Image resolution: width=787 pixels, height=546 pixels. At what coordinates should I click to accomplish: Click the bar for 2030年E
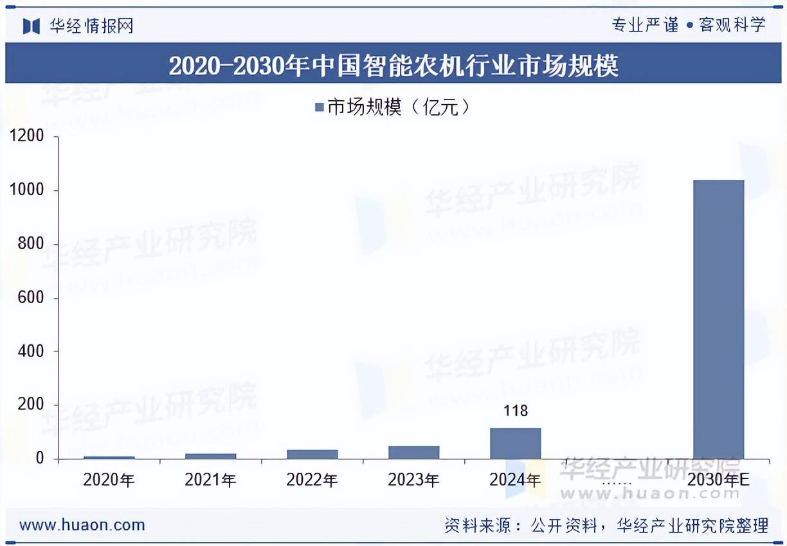(x=718, y=319)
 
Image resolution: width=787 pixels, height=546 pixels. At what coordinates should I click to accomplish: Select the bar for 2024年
(x=515, y=443)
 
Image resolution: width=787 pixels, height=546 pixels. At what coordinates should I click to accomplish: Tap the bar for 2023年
(x=413, y=452)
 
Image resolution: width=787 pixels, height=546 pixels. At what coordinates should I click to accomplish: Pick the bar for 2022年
(x=312, y=454)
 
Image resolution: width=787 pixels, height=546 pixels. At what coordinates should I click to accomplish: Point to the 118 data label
(x=515, y=410)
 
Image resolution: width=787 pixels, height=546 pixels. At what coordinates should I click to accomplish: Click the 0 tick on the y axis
(x=40, y=459)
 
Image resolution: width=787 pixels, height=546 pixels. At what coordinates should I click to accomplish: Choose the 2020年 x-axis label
(x=109, y=480)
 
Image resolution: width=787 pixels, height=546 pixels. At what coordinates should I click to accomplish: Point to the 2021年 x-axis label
(x=210, y=480)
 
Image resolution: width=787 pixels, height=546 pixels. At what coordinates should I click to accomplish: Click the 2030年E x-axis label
(x=718, y=480)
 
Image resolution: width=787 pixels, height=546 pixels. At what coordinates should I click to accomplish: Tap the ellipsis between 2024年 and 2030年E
(x=617, y=481)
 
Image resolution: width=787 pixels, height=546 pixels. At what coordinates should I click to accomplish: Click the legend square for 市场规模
(x=319, y=107)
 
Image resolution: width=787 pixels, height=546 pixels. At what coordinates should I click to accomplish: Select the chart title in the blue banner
(x=393, y=66)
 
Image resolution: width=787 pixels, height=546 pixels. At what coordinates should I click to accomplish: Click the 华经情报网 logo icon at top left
(x=32, y=26)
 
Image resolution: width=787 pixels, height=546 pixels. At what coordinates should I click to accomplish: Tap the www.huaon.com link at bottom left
(x=82, y=525)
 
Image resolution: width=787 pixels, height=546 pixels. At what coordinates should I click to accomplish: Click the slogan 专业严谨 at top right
(x=644, y=25)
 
